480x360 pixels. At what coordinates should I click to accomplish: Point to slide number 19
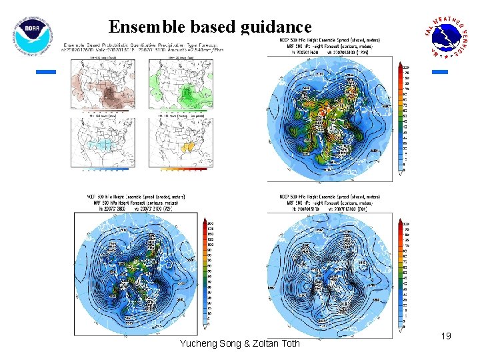446,337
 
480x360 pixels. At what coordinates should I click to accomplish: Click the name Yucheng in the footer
199,344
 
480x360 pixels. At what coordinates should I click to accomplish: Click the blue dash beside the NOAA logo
45,71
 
